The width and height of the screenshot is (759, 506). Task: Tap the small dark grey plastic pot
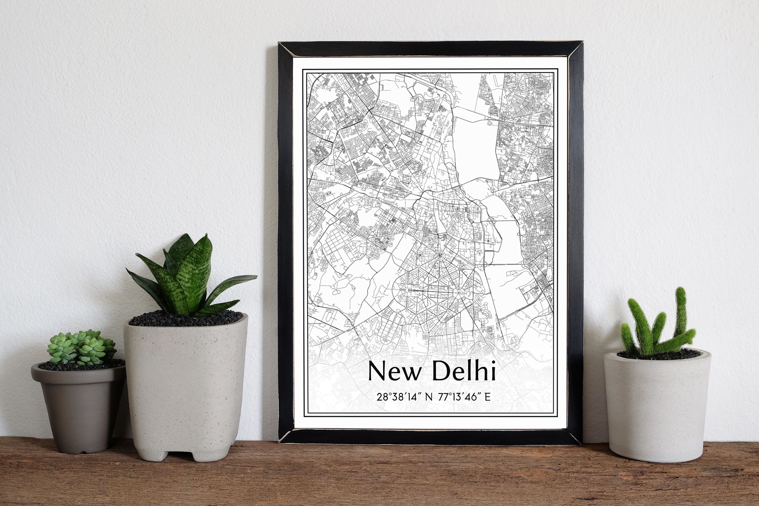79,410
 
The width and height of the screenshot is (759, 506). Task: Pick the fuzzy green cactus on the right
658,326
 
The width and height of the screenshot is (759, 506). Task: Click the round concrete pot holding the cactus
657,403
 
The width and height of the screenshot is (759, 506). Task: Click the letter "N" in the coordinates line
429,397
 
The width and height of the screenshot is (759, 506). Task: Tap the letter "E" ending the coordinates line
487,397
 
